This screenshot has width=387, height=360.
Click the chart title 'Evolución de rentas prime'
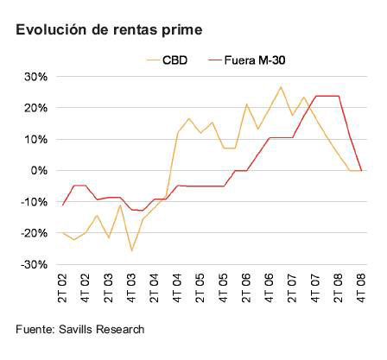tap(108, 29)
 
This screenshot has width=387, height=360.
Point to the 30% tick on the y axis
tap(35, 77)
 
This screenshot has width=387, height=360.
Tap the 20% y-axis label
tap(35, 108)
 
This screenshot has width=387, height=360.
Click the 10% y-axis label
tap(35, 139)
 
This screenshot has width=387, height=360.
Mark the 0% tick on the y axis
tap(38, 171)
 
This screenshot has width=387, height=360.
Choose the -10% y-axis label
tap(33, 202)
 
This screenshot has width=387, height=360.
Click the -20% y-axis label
tap(33, 233)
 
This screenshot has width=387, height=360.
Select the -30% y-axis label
tap(33, 264)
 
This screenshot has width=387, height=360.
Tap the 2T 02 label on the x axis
tap(63, 287)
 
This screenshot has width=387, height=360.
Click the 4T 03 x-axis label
tap(131, 287)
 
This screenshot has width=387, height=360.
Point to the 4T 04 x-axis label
tap(177, 287)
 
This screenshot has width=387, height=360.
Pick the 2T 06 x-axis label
tap(245, 287)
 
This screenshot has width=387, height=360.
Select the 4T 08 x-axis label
tap(359, 287)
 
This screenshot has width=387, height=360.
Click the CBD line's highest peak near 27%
tap(280, 87)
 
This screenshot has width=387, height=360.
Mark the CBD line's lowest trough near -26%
tap(132, 250)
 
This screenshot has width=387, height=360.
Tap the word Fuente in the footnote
tap(35, 329)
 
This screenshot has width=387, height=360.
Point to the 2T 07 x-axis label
tap(291, 287)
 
